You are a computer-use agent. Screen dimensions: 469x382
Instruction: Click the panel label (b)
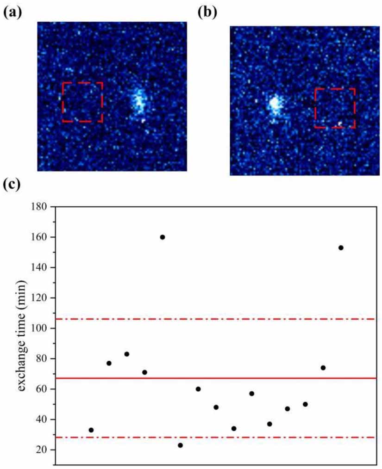pos(207,12)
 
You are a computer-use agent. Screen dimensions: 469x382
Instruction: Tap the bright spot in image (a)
pos(138,102)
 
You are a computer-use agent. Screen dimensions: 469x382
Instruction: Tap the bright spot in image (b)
pos(275,104)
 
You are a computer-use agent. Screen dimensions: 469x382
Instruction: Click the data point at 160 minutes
pos(163,237)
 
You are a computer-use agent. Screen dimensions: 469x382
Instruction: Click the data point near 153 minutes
pos(341,248)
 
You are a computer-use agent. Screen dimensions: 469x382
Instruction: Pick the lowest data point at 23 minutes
pos(180,445)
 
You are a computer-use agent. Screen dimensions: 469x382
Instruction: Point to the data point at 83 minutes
pos(126,354)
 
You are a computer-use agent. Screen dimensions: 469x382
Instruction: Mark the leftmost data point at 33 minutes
pos(91,430)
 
